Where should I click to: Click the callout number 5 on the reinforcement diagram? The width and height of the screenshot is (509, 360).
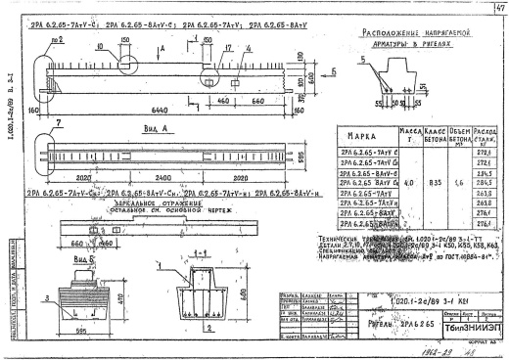coord(364,59)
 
